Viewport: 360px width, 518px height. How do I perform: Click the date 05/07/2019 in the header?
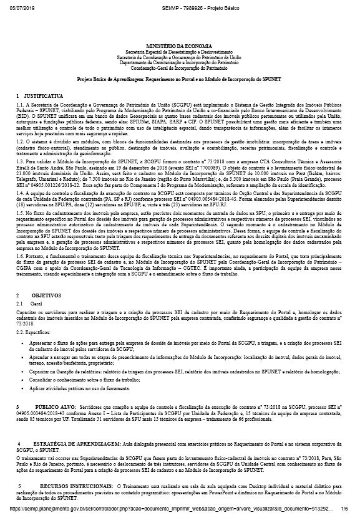[x=19, y=5]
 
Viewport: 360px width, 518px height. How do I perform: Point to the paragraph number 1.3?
[x=20, y=161]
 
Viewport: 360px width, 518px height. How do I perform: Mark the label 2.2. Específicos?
[x=34, y=332]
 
